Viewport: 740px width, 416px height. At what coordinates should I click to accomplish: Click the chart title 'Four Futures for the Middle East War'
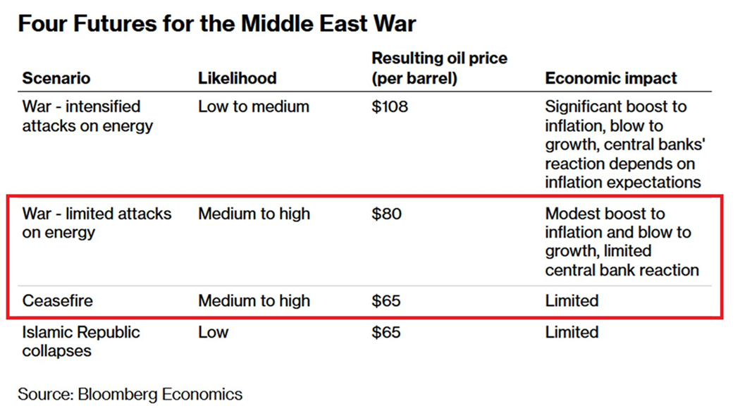(216, 25)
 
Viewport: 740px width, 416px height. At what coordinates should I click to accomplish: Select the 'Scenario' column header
(56, 78)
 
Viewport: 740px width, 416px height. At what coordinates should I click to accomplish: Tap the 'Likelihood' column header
(237, 78)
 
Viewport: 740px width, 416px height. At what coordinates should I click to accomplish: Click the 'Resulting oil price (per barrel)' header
(439, 68)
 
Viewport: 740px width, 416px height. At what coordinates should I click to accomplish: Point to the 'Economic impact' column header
(610, 78)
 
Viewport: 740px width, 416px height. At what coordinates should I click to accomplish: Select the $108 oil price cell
(390, 107)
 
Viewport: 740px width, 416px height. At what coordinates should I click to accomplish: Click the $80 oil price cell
(386, 214)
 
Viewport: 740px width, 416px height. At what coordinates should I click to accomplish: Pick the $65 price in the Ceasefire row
(386, 301)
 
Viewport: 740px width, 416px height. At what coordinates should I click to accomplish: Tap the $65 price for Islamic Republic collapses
(386, 332)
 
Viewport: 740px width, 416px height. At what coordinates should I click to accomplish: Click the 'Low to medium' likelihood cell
(253, 107)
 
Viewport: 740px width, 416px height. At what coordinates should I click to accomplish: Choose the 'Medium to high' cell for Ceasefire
(254, 301)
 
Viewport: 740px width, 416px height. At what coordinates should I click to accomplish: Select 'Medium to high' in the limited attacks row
(254, 214)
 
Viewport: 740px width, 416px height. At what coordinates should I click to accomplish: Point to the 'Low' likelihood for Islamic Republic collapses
(213, 332)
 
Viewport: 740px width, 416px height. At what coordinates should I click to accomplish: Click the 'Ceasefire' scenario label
(57, 301)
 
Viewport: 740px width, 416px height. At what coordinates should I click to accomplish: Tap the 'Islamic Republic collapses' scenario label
(81, 341)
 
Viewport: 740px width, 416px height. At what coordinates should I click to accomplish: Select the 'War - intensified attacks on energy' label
(87, 116)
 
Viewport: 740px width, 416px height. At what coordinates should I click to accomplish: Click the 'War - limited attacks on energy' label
(97, 223)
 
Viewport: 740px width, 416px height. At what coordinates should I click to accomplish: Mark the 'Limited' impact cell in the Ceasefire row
(572, 301)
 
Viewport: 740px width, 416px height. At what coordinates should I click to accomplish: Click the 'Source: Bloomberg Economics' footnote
(130, 394)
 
